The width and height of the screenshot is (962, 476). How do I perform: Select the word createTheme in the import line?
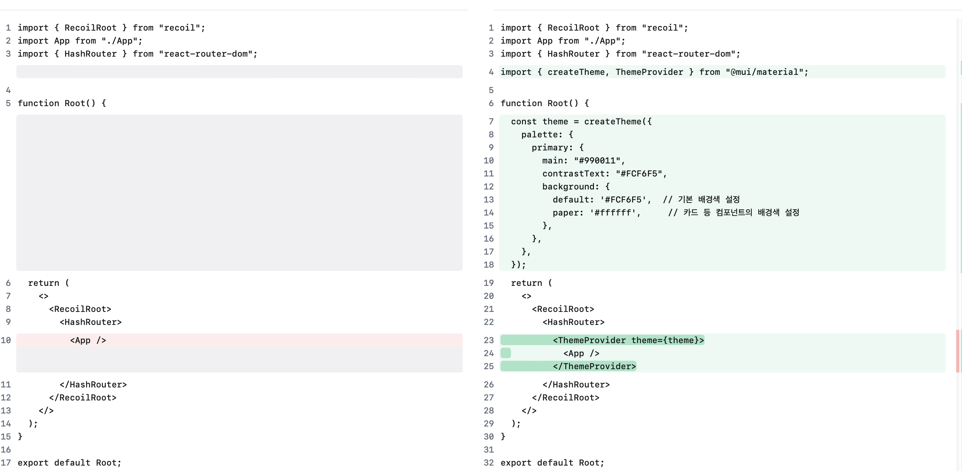click(576, 72)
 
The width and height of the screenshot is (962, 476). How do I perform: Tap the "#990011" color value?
click(597, 160)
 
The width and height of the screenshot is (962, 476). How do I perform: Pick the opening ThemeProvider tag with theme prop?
click(628, 340)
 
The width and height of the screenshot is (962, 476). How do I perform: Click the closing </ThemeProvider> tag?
click(594, 366)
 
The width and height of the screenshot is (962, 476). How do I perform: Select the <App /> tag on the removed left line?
click(88, 340)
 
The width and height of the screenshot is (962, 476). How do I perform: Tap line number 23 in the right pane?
click(488, 340)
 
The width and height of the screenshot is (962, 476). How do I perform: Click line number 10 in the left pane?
click(6, 340)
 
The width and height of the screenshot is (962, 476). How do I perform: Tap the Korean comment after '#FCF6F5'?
click(701, 199)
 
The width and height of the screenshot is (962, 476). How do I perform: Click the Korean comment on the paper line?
click(734, 212)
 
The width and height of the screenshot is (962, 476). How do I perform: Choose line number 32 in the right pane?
click(488, 463)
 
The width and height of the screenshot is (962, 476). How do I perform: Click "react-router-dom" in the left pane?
click(206, 53)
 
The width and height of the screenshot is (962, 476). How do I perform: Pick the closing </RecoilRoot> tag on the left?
click(83, 397)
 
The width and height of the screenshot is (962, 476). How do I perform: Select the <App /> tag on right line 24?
click(581, 353)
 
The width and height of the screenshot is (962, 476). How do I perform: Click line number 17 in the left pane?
click(6, 463)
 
